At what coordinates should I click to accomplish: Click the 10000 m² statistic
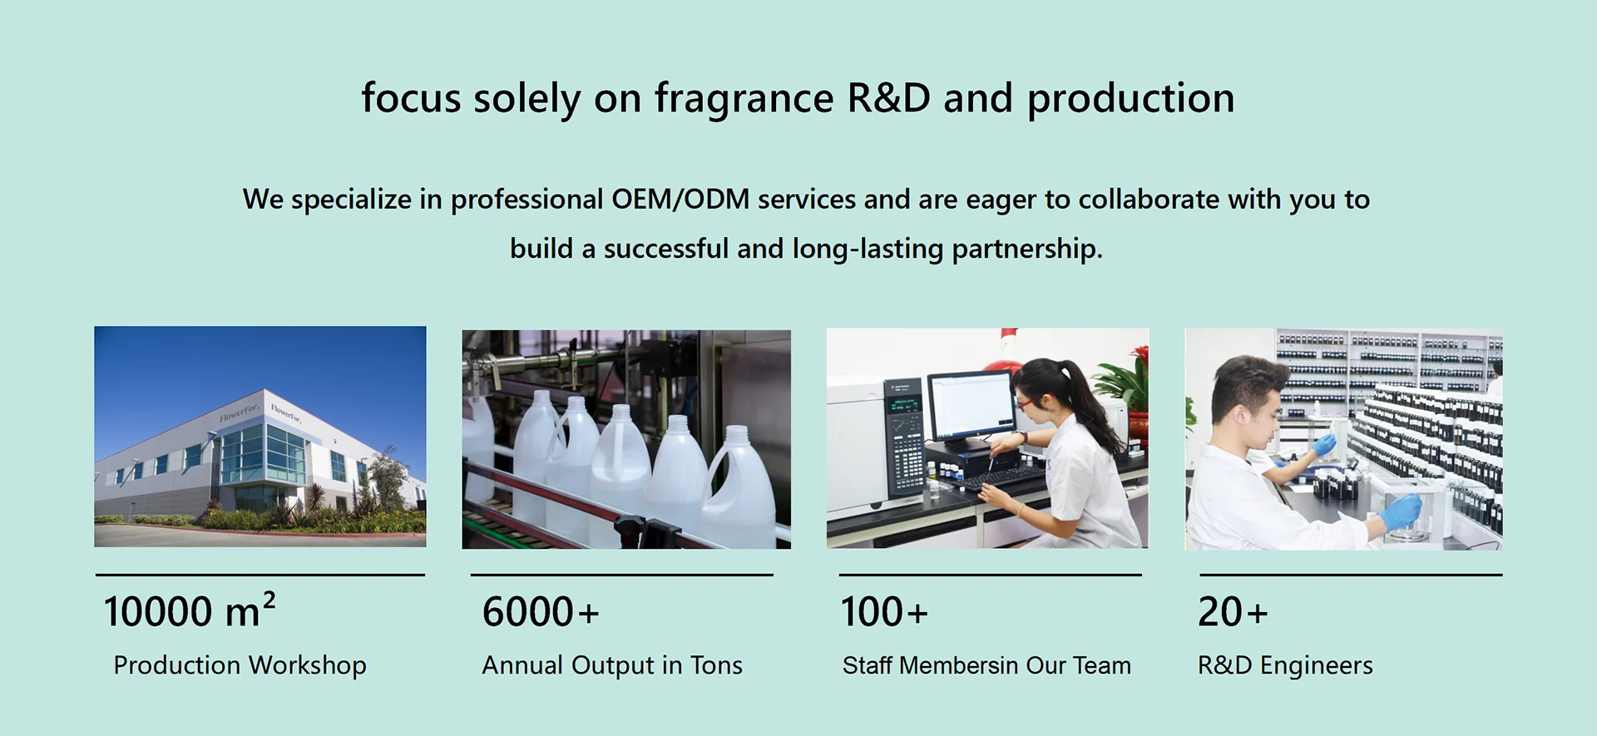190,610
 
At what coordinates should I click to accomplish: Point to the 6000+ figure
541,612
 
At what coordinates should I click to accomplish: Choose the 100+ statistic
884,612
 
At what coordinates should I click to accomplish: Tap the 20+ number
1233,612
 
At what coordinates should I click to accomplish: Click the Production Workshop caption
240,665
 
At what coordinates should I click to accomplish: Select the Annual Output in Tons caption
612,665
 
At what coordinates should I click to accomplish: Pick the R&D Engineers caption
1285,665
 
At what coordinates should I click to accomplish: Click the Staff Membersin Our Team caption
986,665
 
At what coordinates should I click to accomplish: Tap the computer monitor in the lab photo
972,408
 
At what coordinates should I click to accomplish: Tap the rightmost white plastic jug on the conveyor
739,491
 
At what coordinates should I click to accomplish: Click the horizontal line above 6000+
622,575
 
